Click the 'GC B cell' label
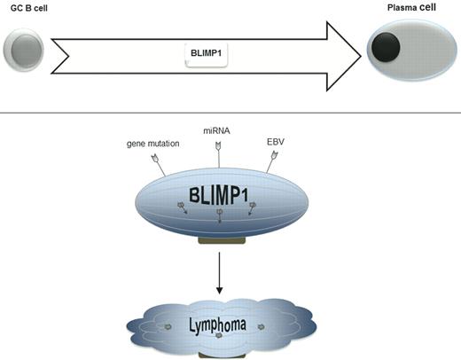(27, 7)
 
